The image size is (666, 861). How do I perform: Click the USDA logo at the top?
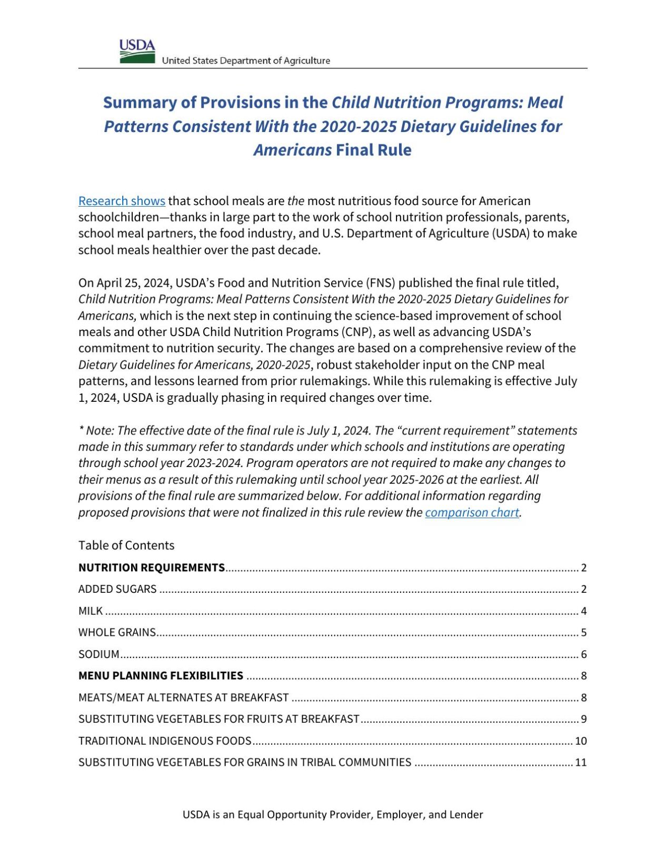click(137, 52)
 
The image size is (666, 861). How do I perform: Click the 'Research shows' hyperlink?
click(122, 201)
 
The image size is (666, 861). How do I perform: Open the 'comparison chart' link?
click(472, 512)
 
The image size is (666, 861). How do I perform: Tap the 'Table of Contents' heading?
click(126, 545)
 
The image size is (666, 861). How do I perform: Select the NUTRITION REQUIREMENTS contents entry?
click(152, 568)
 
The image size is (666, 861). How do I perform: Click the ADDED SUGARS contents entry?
click(117, 589)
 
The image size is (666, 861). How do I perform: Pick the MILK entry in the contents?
click(91, 611)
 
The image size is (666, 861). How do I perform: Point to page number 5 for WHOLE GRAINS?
click(583, 632)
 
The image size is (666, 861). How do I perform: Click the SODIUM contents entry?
click(99, 654)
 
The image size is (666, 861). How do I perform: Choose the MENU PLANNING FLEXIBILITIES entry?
click(161, 675)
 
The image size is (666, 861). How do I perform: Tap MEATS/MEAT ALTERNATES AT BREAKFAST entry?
click(184, 697)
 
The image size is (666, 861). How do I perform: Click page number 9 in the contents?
click(583, 719)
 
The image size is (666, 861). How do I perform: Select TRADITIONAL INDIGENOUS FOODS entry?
click(165, 741)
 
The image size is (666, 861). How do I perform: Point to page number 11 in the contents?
click(581, 762)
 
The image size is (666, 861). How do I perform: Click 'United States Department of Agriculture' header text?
click(246, 60)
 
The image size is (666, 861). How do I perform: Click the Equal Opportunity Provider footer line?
click(333, 814)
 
